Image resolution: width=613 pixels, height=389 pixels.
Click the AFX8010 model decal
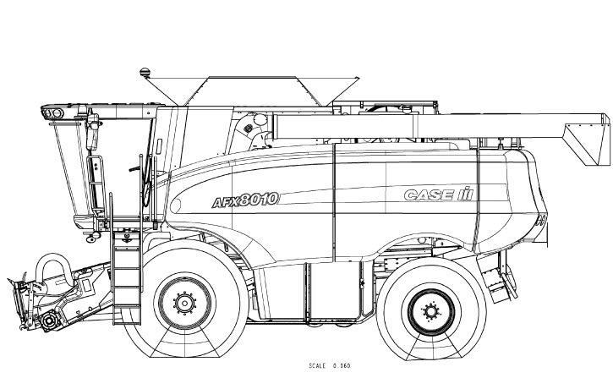coord(245,200)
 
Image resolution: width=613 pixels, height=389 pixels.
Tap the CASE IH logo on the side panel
coord(438,194)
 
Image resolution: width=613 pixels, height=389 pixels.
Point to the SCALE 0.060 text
coord(330,366)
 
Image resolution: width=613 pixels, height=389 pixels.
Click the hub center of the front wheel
coord(184,302)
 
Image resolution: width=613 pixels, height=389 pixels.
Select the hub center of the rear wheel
coord(431,311)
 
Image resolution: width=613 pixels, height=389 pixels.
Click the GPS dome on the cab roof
coord(145,72)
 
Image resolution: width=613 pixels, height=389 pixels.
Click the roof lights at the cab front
coord(52,113)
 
